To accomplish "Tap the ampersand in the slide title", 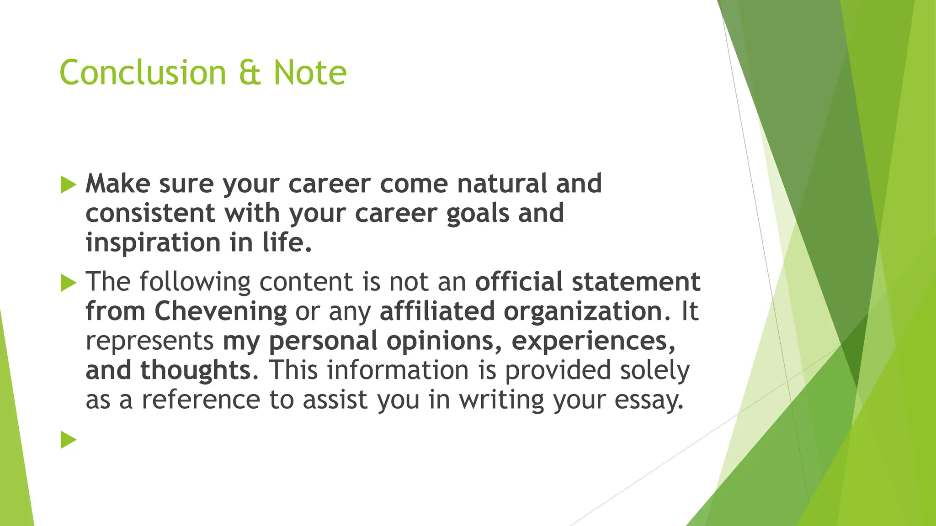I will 250,73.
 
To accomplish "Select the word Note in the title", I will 310,73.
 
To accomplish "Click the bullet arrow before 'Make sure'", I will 68,185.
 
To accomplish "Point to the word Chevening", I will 220,311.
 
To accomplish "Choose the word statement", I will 636,282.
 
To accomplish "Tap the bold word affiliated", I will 437,311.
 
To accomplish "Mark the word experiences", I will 593,342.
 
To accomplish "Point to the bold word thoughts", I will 196,370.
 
